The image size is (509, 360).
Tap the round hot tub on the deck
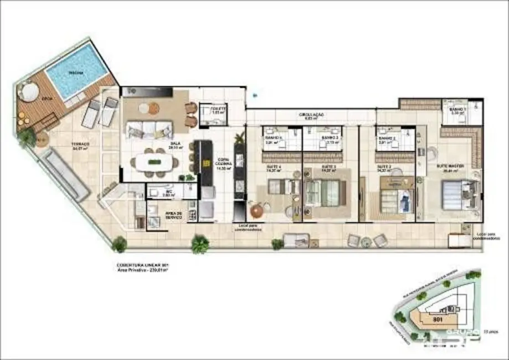(x=29, y=90)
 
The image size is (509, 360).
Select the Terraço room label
(x=80, y=146)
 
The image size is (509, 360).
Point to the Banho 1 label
(x=454, y=110)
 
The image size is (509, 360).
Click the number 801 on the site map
(x=438, y=320)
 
